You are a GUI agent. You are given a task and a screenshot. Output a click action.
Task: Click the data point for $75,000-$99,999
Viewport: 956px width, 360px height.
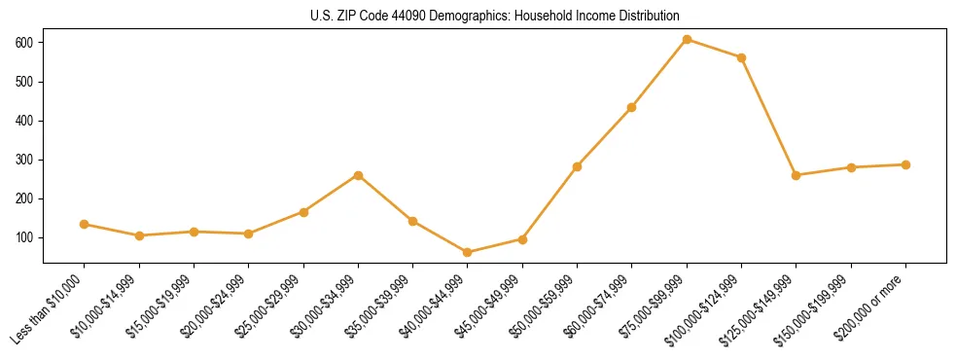[687, 39]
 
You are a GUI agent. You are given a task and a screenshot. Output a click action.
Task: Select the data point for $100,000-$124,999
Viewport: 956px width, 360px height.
[741, 57]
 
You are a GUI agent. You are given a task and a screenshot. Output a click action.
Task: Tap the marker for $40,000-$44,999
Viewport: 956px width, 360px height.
[468, 252]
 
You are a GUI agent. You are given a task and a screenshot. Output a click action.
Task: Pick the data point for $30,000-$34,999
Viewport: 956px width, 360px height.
[358, 175]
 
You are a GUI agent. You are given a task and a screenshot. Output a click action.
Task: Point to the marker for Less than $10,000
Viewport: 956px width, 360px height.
[85, 224]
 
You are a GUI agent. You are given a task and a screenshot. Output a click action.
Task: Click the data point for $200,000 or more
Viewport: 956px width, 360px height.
[905, 164]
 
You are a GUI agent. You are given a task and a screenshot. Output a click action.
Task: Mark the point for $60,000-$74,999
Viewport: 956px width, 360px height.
[632, 107]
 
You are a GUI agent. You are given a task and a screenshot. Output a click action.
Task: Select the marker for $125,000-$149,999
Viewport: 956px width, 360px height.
[797, 175]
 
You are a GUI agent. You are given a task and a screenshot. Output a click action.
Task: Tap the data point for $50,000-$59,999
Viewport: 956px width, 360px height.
[577, 166]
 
